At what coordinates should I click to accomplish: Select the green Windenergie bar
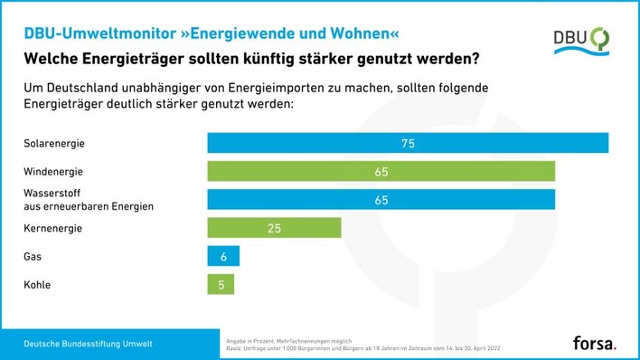381,171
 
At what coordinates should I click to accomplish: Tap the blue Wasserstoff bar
381,199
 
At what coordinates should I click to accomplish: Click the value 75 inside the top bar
408,143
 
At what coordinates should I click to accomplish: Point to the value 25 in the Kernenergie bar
274,228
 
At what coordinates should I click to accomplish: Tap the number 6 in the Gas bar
223,257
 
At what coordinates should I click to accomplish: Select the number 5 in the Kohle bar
221,285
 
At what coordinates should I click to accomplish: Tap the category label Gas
33,257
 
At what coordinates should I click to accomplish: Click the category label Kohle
36,285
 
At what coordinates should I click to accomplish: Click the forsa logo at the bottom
595,344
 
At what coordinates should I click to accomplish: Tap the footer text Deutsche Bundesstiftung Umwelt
88,345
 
